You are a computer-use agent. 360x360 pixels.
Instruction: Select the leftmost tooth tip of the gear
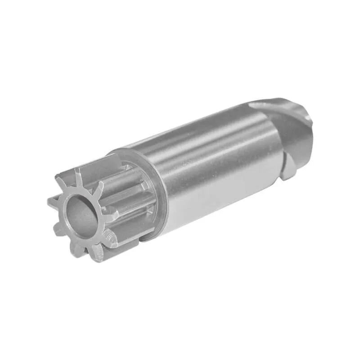click(51, 202)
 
